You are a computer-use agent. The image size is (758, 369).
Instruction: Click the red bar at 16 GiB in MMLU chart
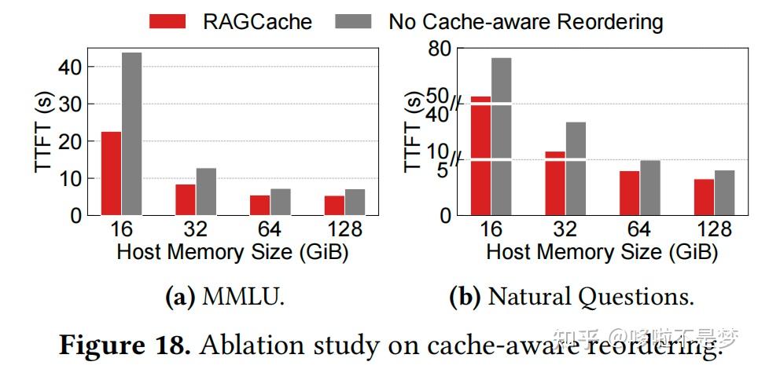112,173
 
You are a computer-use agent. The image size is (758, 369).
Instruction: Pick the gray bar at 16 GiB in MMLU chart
131,133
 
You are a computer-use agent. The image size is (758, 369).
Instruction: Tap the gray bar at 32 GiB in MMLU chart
206,191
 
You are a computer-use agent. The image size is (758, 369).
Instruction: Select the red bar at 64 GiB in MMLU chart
259,204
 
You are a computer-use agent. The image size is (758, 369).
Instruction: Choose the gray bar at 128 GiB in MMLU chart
355,202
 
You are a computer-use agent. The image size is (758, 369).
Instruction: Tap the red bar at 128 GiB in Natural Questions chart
705,196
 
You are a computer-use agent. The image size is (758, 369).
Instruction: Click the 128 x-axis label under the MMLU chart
344,229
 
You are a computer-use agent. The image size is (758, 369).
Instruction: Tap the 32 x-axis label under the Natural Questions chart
565,229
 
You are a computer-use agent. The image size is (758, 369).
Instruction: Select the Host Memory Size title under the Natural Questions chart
602,252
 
